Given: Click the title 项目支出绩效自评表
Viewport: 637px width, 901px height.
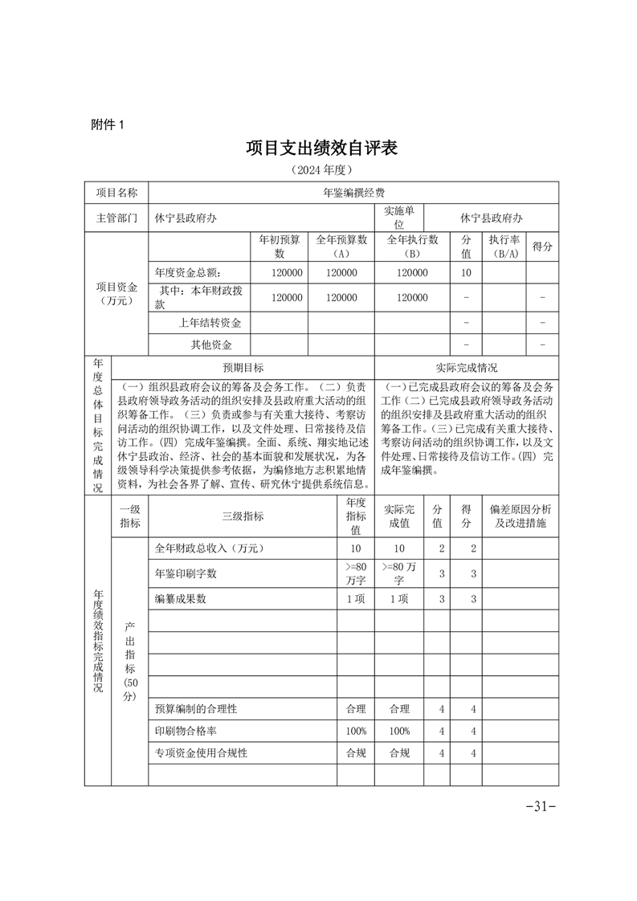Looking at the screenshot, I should point(322,148).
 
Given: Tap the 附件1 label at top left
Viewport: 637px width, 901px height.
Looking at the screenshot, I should point(108,124).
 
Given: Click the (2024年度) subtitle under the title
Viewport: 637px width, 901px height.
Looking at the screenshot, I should point(322,170).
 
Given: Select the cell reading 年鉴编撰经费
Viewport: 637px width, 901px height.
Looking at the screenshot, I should point(353,193).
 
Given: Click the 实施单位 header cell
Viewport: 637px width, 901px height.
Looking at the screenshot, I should point(399,218).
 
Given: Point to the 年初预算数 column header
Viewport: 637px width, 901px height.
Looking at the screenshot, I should point(280,247).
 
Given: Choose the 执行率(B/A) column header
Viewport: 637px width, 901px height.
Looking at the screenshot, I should point(504,247).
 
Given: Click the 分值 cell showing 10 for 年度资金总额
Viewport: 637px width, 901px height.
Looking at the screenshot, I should point(466,273).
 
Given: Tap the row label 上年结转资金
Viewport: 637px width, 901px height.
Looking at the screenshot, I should point(210,323).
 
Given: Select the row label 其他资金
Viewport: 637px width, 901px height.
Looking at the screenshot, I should point(210,345).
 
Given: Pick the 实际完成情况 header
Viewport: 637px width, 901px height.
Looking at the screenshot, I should point(467,368).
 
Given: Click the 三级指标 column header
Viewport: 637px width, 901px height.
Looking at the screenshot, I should point(243,516).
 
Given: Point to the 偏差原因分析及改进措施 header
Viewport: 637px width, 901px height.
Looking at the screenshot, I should point(520,516).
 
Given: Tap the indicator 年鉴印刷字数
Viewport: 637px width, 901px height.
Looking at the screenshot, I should point(186,573).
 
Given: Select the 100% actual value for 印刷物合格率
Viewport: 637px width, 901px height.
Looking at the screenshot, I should point(399,732).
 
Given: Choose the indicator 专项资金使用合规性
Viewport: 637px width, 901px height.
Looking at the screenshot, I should point(201,753).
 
